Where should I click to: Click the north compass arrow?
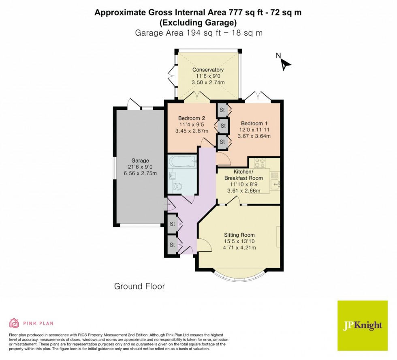pos(286,64)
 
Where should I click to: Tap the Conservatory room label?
pos(208,70)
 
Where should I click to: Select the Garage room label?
pos(140,161)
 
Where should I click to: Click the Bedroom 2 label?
pos(191,118)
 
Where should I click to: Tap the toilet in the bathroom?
pos(177,187)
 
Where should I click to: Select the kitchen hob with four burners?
pos(260,163)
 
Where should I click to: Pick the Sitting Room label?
pos(239,235)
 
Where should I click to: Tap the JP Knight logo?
pos(362,326)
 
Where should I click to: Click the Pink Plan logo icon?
pos(14,323)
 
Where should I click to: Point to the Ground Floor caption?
pos(139,287)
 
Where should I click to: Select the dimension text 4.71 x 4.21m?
pos(239,248)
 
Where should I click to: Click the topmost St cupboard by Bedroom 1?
pos(222,110)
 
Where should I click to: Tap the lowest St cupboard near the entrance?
pos(172,245)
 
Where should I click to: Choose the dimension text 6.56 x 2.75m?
pos(140,174)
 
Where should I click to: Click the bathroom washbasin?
pos(173,175)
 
